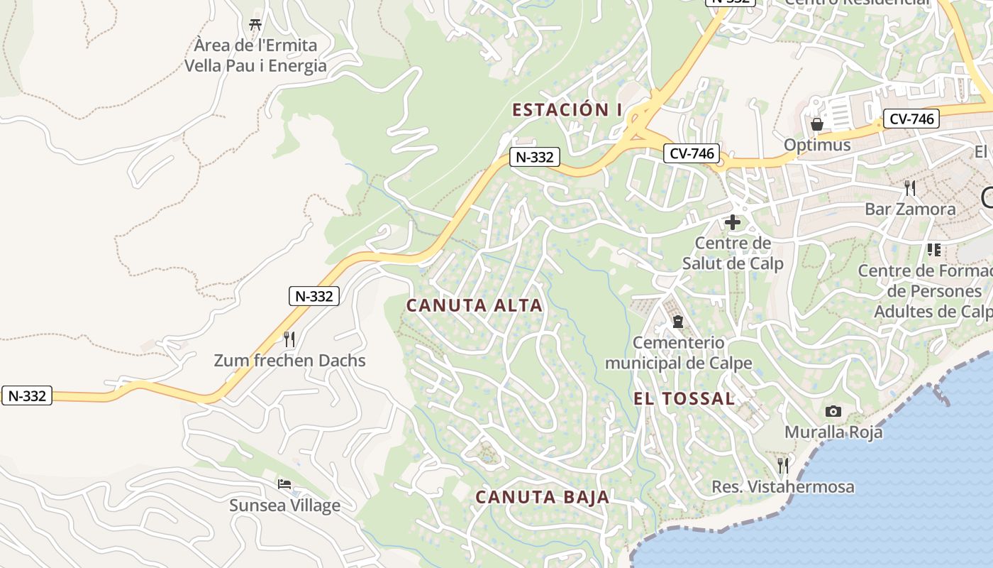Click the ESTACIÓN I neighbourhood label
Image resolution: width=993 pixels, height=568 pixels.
point(567,109)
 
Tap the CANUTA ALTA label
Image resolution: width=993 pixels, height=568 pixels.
point(474,305)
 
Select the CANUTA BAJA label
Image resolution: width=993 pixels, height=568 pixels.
point(543,497)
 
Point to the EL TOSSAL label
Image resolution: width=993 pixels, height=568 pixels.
point(684,399)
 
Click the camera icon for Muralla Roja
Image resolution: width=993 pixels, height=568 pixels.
point(833,411)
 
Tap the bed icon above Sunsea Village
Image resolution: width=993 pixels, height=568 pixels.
point(284,484)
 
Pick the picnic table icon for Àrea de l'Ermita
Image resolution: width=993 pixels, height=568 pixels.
point(255,24)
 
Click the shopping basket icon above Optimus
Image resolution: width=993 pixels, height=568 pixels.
point(817,124)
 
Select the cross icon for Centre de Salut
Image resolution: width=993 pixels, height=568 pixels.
point(732,222)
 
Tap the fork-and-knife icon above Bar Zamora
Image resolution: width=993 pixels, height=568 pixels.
point(910,188)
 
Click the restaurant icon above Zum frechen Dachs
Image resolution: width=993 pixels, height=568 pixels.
point(289,339)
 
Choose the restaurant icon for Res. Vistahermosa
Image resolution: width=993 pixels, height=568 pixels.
point(783,466)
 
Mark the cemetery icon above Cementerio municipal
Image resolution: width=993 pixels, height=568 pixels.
point(678,322)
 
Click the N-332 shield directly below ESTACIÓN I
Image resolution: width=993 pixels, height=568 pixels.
point(534,157)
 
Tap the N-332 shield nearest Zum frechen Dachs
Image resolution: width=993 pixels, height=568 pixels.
point(314,296)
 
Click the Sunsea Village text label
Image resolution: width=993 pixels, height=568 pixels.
point(284,506)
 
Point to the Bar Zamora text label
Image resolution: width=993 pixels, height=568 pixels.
point(910,209)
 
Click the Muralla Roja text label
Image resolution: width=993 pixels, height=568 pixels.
point(833,432)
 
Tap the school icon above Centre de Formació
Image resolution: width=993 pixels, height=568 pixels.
point(933,250)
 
